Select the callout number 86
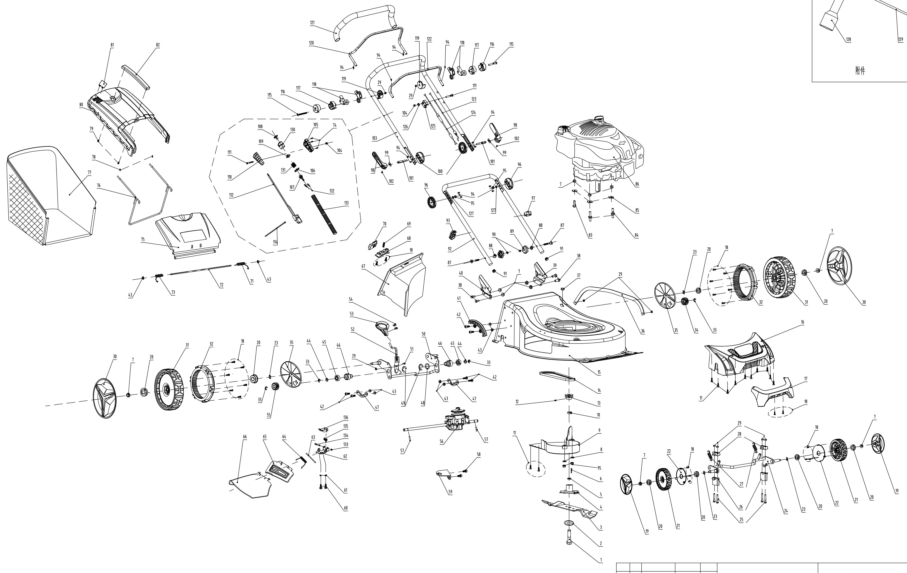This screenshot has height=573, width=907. click(x=637, y=184)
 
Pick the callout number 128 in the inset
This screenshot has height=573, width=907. click(x=848, y=39)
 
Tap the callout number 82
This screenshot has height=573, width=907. click(x=158, y=45)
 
